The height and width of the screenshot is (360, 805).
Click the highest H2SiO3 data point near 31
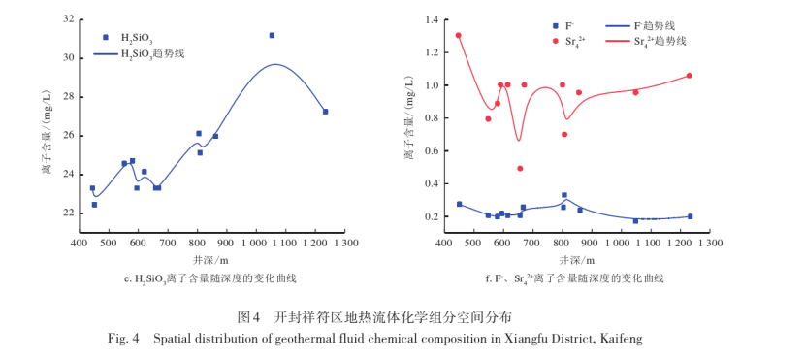[272, 35]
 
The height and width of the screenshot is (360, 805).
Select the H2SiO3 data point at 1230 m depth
[325, 112]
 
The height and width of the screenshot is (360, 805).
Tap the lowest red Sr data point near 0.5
[520, 168]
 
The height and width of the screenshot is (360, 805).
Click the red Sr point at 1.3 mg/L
[458, 36]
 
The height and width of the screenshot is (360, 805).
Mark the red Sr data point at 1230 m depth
[689, 76]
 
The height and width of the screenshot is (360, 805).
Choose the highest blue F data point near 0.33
[564, 195]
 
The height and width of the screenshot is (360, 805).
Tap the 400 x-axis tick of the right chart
[444, 244]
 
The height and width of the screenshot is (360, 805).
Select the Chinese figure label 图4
[249, 317]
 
